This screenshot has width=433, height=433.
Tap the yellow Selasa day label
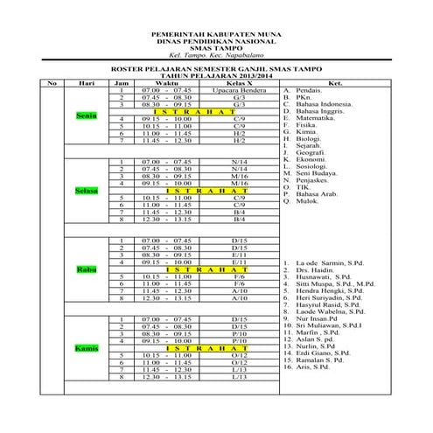[x=86, y=190]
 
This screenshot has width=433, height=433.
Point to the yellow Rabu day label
[x=86, y=269]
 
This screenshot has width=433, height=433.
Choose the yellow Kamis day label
[x=86, y=348]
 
